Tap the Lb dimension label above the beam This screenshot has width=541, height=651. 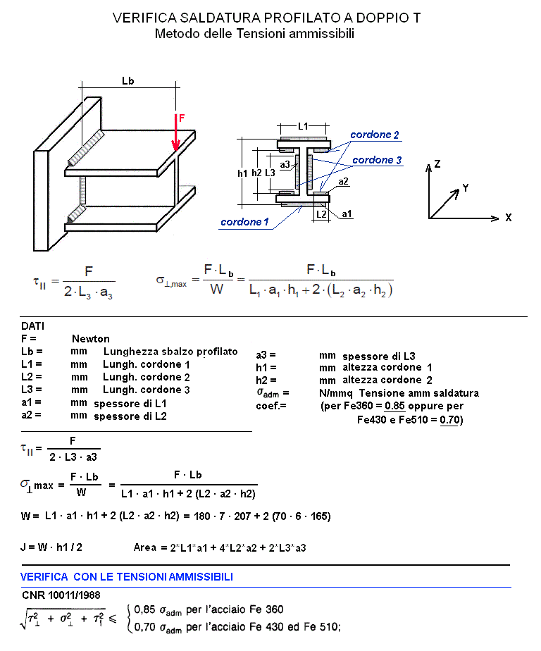click(x=128, y=81)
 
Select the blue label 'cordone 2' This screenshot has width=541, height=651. click(x=375, y=134)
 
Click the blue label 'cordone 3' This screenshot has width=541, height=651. click(x=377, y=160)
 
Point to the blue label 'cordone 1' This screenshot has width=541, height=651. click(x=244, y=222)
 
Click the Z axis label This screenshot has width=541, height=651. click(x=437, y=163)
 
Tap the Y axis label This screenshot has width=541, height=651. click(x=465, y=188)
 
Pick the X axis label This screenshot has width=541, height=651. click(x=508, y=218)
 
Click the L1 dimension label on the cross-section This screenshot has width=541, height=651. click(x=303, y=126)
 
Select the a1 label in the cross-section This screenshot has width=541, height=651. click(x=347, y=213)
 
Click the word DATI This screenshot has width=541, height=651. click(x=32, y=327)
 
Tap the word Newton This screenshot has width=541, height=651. click(x=91, y=339)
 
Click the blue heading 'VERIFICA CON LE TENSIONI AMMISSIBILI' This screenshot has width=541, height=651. click(x=127, y=577)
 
